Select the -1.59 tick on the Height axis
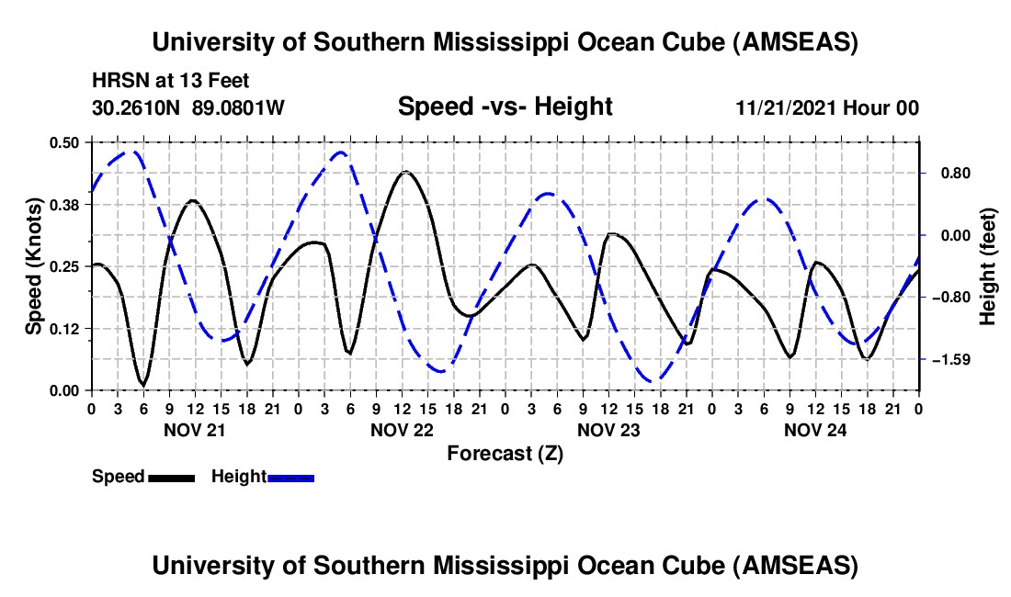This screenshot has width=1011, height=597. [956, 359]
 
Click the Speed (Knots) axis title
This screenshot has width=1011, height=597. [34, 266]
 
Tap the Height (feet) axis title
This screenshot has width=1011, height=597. [988, 266]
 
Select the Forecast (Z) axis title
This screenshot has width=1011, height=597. [505, 453]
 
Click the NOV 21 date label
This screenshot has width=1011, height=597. [194, 430]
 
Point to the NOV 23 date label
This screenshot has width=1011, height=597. [608, 430]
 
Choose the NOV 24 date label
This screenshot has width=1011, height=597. [814, 430]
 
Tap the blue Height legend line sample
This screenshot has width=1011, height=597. [290, 477]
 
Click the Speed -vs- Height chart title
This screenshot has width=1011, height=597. [505, 107]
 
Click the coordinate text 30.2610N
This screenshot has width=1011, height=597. [137, 107]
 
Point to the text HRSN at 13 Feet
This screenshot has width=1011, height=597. [170, 81]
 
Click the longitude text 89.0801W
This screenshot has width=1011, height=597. [238, 107]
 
